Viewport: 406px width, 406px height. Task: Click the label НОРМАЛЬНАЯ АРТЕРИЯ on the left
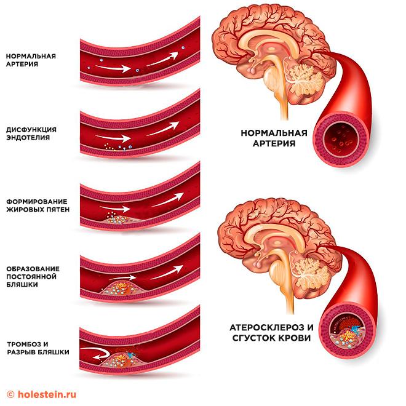pos(31,60)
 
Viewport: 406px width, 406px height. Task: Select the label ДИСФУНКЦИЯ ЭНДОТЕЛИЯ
pos(31,133)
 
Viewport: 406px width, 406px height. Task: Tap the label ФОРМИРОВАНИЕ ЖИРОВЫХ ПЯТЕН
pos(38,205)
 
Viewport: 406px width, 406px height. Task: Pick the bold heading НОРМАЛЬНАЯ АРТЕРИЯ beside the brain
pos(274,138)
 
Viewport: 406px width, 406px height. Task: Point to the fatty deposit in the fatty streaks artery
pos(117,217)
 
